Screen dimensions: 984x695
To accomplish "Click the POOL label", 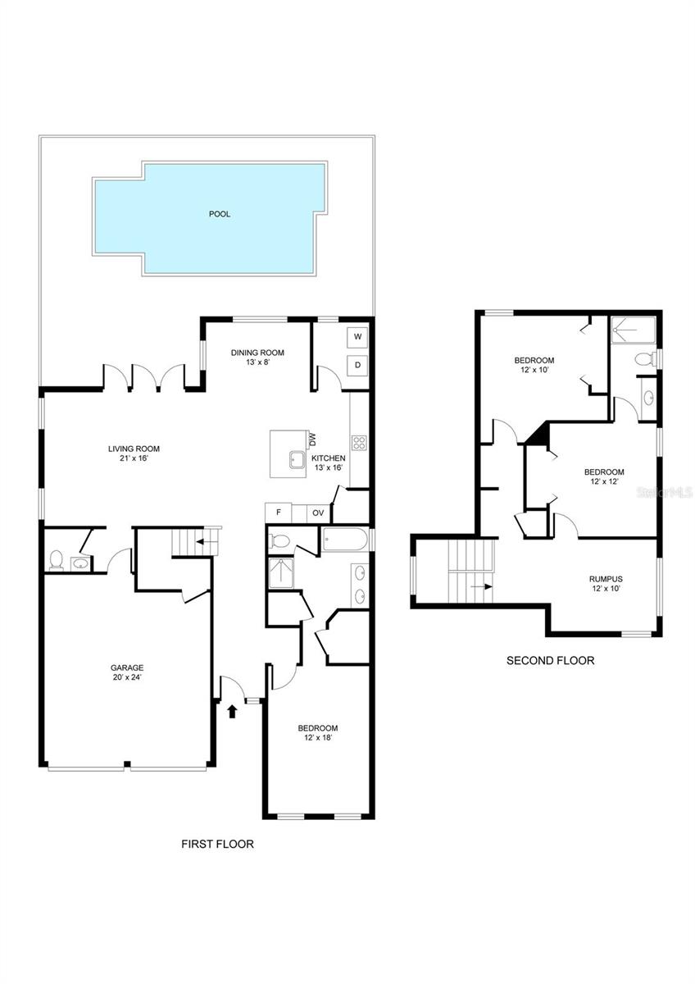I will click(x=219, y=214).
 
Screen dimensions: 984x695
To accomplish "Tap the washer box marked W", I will click(x=359, y=336).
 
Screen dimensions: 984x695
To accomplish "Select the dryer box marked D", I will click(x=359, y=364).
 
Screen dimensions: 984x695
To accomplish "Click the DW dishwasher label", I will click(x=312, y=440).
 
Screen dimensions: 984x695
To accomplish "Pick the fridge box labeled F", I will click(x=279, y=512).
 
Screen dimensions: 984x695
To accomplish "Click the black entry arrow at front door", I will click(x=232, y=710).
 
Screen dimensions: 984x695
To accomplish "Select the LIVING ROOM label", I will click(x=134, y=449).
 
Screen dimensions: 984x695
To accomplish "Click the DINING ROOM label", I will click(x=257, y=353).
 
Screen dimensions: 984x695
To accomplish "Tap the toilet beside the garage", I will click(x=56, y=560).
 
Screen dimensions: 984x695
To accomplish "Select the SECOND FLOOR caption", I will click(x=550, y=660).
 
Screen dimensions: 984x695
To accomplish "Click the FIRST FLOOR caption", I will click(x=217, y=844).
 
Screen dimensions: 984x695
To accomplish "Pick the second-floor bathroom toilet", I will click(x=644, y=359).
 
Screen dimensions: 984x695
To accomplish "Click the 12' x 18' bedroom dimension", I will click(x=317, y=738).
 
